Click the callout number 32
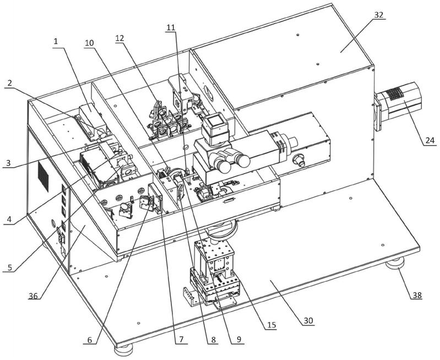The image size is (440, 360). [x=378, y=15]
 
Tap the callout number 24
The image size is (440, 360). [x=430, y=140]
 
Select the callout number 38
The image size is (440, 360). [x=417, y=295]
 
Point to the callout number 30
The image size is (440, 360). [x=308, y=321]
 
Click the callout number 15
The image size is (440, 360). [x=271, y=325]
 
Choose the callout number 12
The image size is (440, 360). [x=119, y=39]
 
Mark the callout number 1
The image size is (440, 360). [x=56, y=41]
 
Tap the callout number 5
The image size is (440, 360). [x=10, y=267]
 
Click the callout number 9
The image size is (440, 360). [x=238, y=339]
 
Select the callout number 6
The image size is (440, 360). [x=90, y=340]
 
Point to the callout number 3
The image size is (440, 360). [x=9, y=163]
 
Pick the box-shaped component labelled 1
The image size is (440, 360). [x=92, y=121]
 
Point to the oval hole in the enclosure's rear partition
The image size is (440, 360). [x=209, y=93]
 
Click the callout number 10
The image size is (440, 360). [x=90, y=43]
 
